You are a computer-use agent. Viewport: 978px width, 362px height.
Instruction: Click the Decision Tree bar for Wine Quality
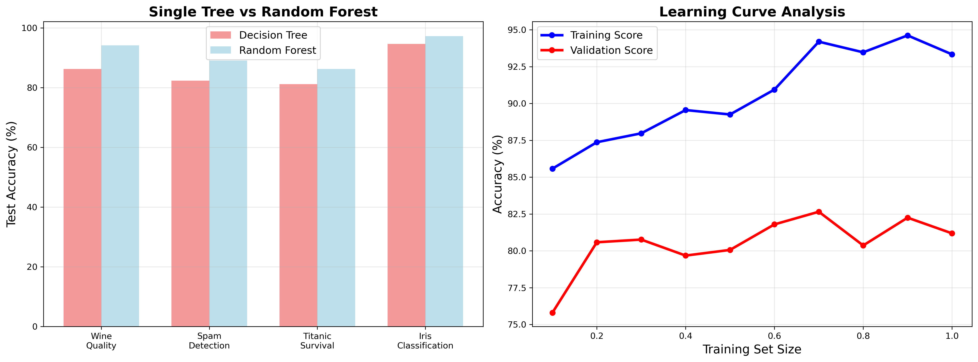[82, 198]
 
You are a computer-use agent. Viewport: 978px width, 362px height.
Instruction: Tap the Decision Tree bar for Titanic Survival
[298, 205]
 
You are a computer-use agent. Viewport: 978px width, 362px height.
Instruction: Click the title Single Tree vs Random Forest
[263, 12]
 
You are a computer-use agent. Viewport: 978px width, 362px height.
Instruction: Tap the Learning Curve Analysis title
[752, 12]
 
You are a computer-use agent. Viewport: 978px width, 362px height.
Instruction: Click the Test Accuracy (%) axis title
[12, 174]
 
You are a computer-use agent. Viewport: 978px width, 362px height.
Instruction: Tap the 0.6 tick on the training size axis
[775, 336]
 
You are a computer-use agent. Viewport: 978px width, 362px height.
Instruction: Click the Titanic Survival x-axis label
[317, 341]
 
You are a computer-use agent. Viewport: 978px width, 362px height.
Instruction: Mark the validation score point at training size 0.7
[819, 212]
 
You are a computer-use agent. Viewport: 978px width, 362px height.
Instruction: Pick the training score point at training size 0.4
[686, 110]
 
